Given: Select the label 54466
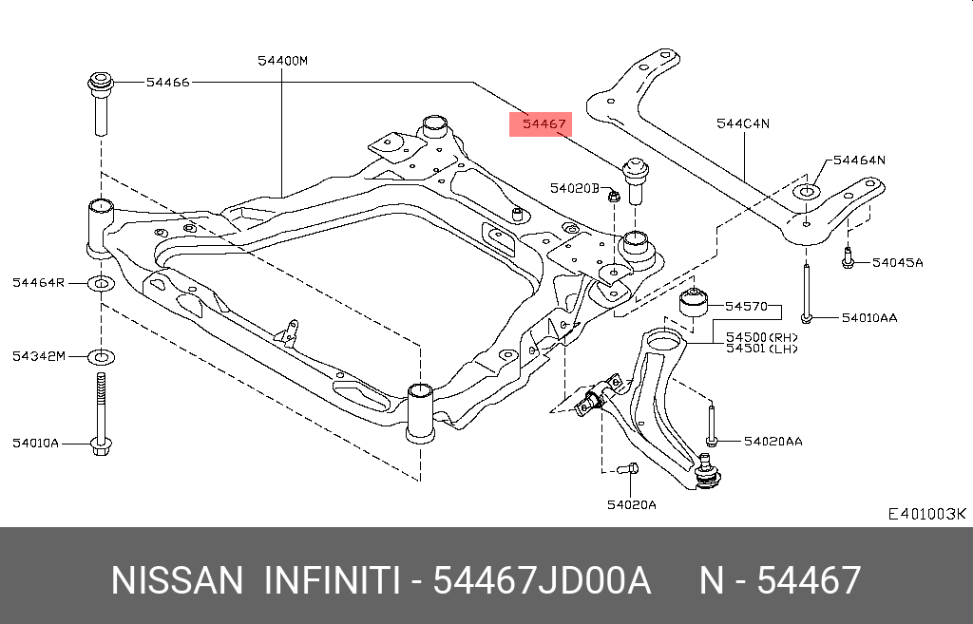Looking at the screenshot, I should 168,83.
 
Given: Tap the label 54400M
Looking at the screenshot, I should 283,61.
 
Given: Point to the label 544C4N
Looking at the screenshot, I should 743,123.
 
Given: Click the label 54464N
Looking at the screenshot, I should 859,161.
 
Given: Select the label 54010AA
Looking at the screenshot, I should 868,317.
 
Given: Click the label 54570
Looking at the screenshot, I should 746,306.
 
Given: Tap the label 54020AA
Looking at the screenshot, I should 773,441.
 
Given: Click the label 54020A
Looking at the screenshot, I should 632,504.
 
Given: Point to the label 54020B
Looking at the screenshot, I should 574,188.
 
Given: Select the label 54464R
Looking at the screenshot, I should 39,283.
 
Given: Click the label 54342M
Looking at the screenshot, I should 39,356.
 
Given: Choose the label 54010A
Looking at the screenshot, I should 36,443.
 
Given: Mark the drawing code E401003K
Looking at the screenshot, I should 926,514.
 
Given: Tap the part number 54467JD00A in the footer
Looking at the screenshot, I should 542,580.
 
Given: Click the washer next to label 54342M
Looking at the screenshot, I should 101,357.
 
